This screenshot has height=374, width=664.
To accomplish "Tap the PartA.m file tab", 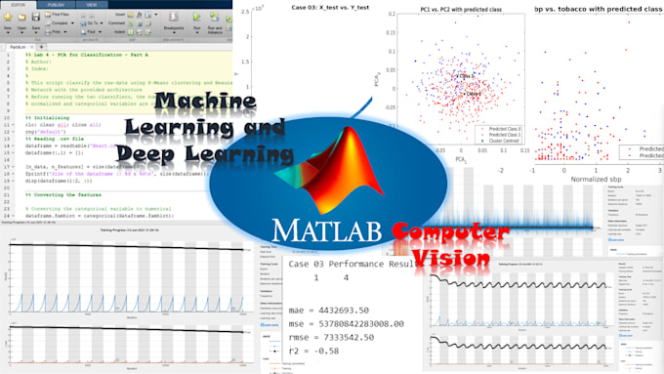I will tap(18, 45).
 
